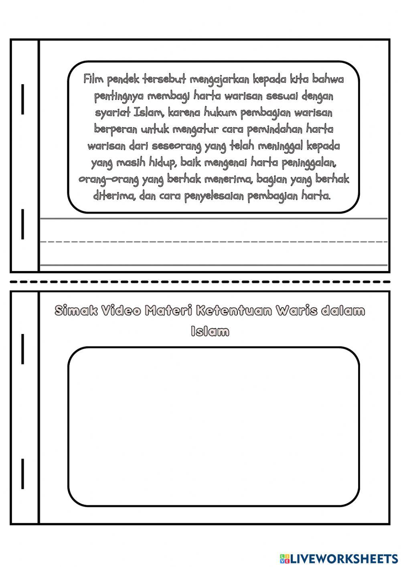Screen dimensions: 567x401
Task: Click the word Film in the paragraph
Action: (x=91, y=79)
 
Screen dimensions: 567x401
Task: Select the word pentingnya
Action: (x=119, y=97)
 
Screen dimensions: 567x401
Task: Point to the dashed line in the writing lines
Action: (x=213, y=242)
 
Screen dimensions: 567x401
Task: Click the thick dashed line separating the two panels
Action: (x=200, y=281)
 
